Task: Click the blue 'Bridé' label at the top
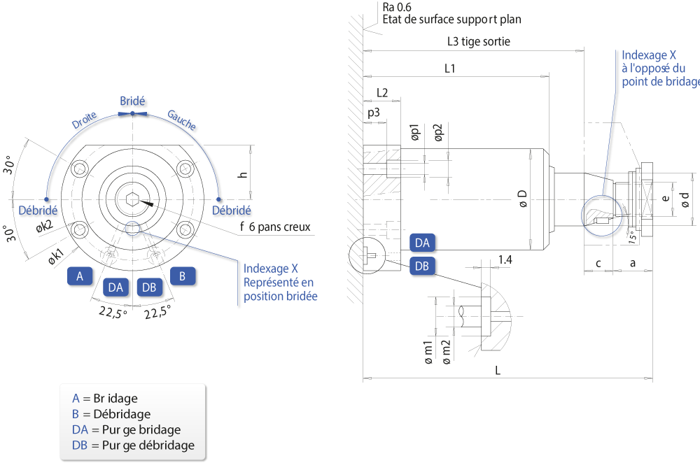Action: pos(132,101)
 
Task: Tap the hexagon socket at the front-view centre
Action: pos(132,199)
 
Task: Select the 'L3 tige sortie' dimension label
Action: pos(479,41)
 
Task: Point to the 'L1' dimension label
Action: pos(449,69)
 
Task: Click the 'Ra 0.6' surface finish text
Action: pos(397,7)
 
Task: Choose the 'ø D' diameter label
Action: pos(522,199)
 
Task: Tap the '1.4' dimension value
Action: pos(505,259)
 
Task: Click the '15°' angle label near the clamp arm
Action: pos(633,237)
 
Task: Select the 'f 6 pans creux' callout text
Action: pos(275,227)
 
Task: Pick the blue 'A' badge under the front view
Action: pos(80,276)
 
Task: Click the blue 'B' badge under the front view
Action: pos(182,276)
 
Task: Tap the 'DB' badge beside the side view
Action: pos(422,266)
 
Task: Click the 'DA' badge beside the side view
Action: pos(422,243)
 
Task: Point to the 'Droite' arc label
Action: pos(85,120)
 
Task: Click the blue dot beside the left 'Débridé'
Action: pos(46,199)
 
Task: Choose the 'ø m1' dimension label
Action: pos(428,352)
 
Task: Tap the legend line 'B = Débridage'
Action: pos(111,414)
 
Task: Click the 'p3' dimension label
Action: pos(374,113)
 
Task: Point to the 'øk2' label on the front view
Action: pos(45,227)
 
